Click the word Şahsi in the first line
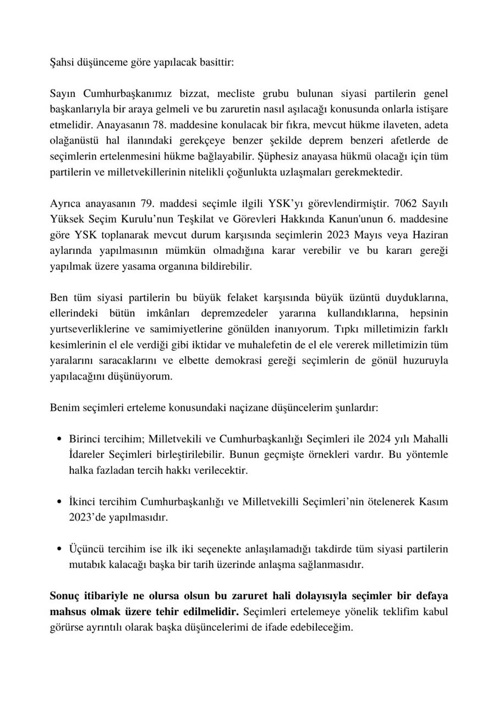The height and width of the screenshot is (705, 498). [61, 62]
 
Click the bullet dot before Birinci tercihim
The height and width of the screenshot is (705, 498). [59, 440]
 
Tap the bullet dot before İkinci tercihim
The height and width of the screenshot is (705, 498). [59, 502]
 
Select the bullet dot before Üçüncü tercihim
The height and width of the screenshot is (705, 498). [59, 550]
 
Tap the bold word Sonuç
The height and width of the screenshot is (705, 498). [64, 596]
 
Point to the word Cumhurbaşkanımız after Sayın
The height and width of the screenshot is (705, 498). [126, 94]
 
